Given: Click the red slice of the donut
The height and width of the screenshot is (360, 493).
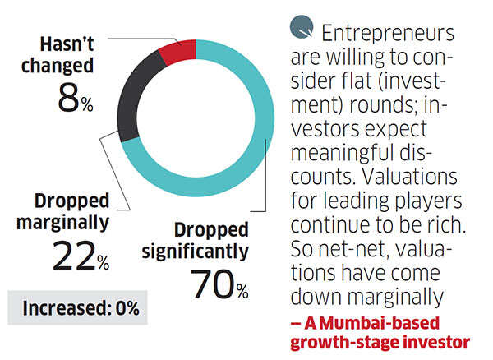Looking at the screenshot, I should click(x=177, y=52).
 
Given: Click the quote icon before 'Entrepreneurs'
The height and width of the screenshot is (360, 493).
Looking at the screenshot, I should click(x=301, y=29).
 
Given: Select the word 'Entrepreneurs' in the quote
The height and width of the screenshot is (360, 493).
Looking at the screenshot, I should click(x=387, y=35).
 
